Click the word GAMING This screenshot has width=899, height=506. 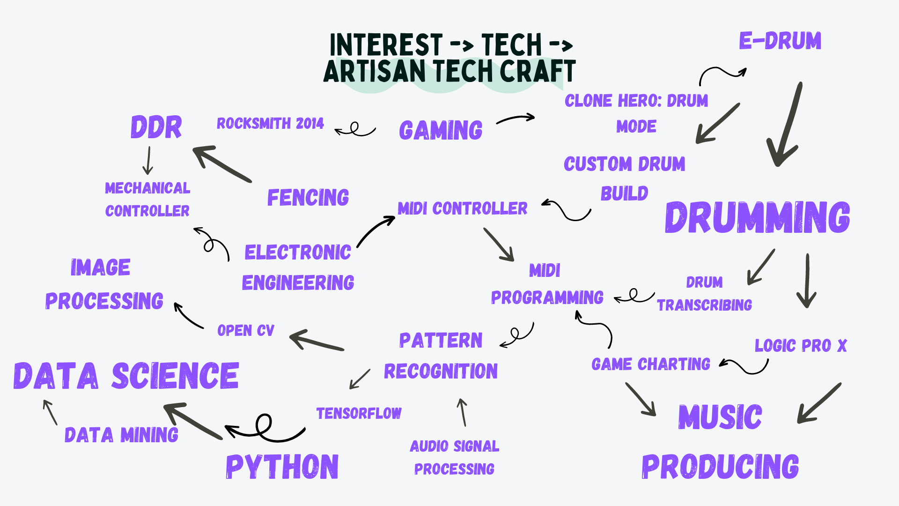441,130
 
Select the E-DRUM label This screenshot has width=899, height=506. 780,41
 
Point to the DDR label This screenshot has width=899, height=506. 156,127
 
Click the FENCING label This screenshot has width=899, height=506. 308,197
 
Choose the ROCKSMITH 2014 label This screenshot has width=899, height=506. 270,123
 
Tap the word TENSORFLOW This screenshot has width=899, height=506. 359,413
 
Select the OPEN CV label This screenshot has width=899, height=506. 246,330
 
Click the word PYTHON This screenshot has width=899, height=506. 282,467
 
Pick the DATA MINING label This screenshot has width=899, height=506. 121,435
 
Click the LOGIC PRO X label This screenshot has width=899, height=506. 801,345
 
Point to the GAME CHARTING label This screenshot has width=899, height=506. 651,364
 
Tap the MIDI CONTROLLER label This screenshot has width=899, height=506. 463,208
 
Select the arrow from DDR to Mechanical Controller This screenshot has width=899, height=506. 148,161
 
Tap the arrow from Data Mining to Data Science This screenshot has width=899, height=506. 50,412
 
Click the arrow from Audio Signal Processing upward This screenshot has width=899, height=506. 463,412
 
